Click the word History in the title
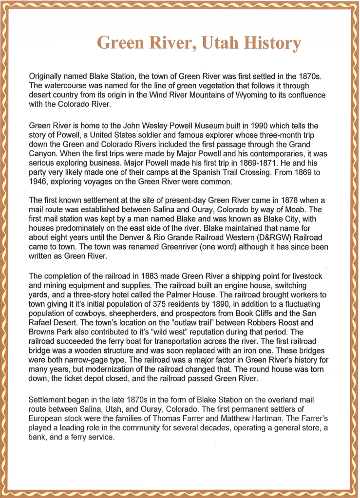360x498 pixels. click(x=272, y=43)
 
